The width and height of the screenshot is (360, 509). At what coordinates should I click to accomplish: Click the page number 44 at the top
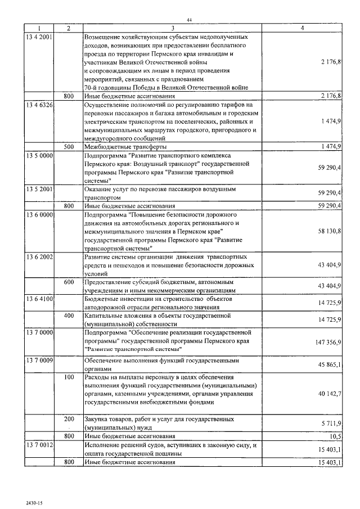189,20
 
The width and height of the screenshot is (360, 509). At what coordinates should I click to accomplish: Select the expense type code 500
69,146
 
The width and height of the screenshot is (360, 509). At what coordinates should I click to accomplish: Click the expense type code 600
69,282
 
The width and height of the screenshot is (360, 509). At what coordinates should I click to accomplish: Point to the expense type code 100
69,377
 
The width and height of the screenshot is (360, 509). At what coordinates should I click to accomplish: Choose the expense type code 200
69,420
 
